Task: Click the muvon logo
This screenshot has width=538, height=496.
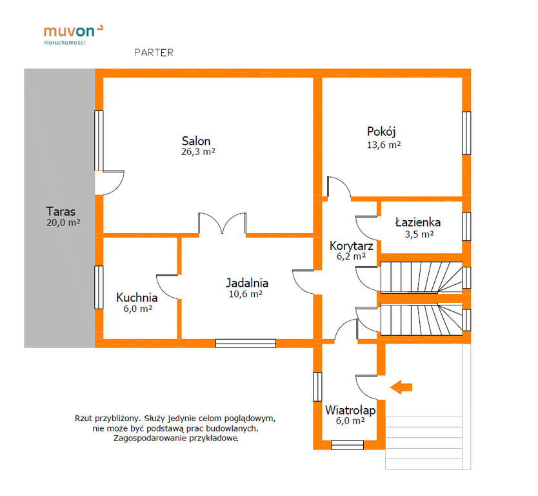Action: [74, 34]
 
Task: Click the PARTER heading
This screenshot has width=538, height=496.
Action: [154, 52]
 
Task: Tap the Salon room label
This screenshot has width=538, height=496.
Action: [196, 141]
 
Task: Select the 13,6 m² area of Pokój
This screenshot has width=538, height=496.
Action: [384, 145]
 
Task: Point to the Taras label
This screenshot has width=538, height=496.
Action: [61, 211]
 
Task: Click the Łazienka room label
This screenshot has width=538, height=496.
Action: [418, 222]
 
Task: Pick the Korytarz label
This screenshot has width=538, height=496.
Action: [351, 246]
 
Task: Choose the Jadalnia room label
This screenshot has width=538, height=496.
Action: [247, 283]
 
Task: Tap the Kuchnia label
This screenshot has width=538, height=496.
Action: [137, 298]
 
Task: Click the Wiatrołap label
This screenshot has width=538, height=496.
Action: [350, 410]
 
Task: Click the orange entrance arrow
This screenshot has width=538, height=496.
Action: [401, 387]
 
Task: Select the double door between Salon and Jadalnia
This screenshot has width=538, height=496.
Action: [223, 223]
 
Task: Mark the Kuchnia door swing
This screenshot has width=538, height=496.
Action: [167, 287]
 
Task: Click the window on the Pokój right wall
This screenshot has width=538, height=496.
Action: [466, 133]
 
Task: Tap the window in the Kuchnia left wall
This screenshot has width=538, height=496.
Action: [99, 287]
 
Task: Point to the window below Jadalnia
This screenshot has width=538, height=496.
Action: [246, 344]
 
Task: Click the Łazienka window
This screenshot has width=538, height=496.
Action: [466, 226]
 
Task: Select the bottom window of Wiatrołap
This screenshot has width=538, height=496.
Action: [347, 445]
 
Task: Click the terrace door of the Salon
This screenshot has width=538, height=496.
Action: [110, 183]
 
